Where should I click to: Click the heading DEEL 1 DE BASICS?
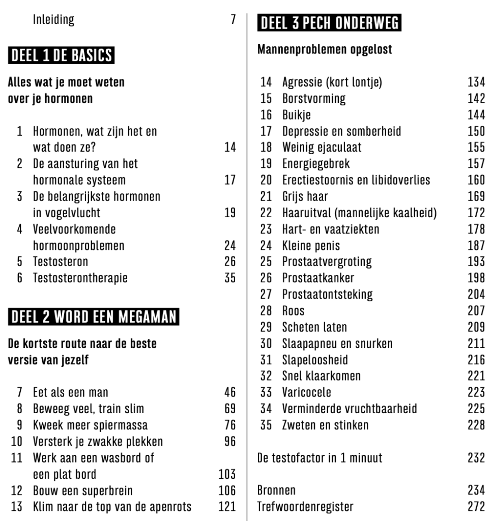pos(61,55)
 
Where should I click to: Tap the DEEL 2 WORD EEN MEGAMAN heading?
pos(93,316)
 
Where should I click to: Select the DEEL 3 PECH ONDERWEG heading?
pos(330,23)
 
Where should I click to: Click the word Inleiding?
pos(53,20)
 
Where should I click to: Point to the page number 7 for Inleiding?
pos(233,20)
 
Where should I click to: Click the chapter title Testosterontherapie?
pos(80,278)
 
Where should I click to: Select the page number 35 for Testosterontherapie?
pos(230,278)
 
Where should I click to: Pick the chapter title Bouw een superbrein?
pos(83,490)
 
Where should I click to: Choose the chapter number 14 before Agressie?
pos(266,82)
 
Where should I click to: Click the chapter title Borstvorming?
pos(313,99)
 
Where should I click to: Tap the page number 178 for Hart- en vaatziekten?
pos(476,229)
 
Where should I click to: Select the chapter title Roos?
pos(294,311)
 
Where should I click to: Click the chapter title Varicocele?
pos(306,392)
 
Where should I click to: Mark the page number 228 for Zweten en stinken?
pos(476,425)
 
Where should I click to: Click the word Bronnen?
pos(276,490)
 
